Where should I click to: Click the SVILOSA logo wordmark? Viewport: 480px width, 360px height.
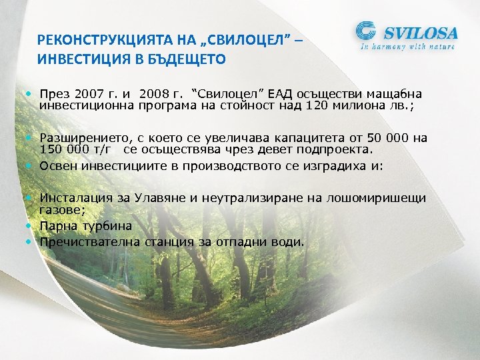(x=418, y=32)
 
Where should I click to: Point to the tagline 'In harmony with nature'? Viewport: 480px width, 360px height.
(x=407, y=47)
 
